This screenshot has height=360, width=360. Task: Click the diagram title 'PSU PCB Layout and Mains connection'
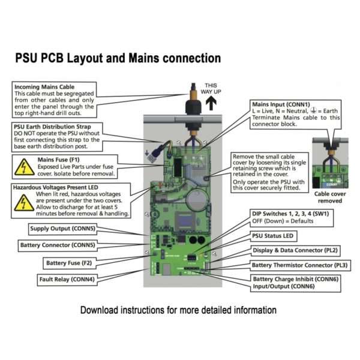118,58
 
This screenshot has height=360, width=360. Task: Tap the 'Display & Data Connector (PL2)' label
302,251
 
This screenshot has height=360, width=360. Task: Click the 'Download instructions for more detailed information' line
179,310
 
